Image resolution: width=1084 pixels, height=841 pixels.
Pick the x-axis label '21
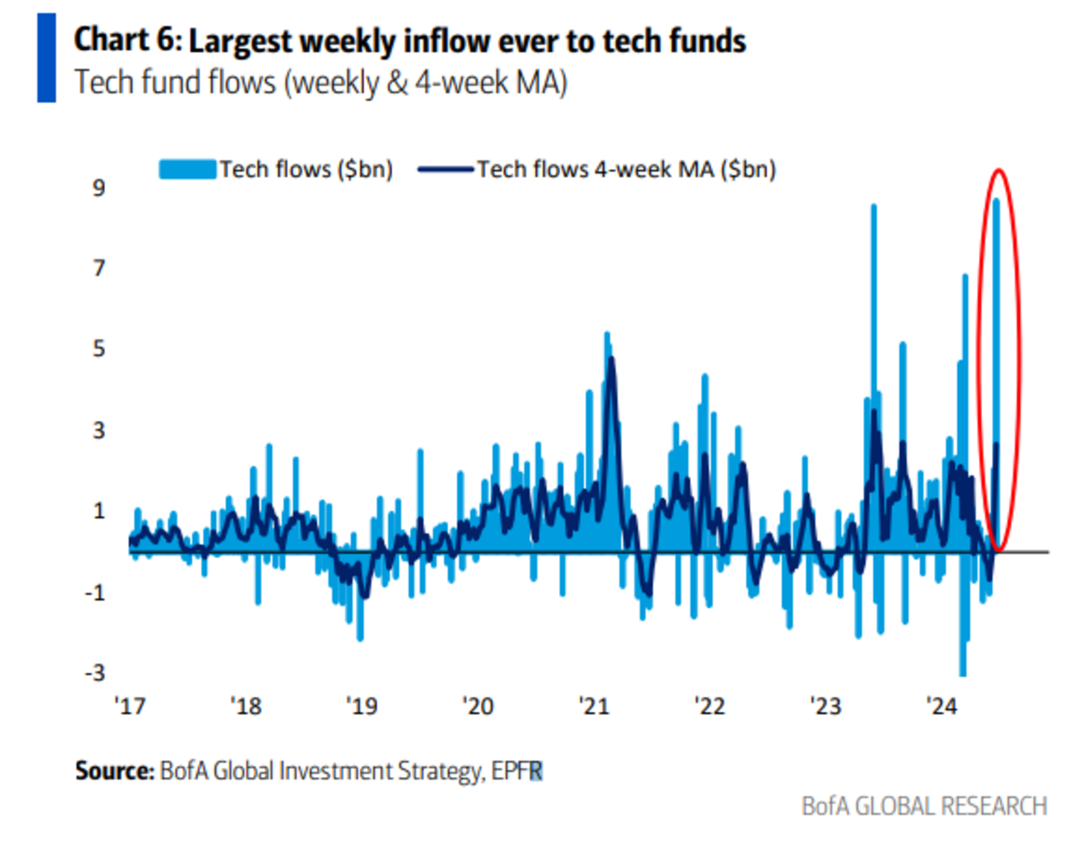(596, 706)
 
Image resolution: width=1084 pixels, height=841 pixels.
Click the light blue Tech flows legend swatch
(188, 169)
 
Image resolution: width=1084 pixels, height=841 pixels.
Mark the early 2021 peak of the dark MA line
(612, 360)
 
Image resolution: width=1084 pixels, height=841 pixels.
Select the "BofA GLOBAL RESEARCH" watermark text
(924, 806)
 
